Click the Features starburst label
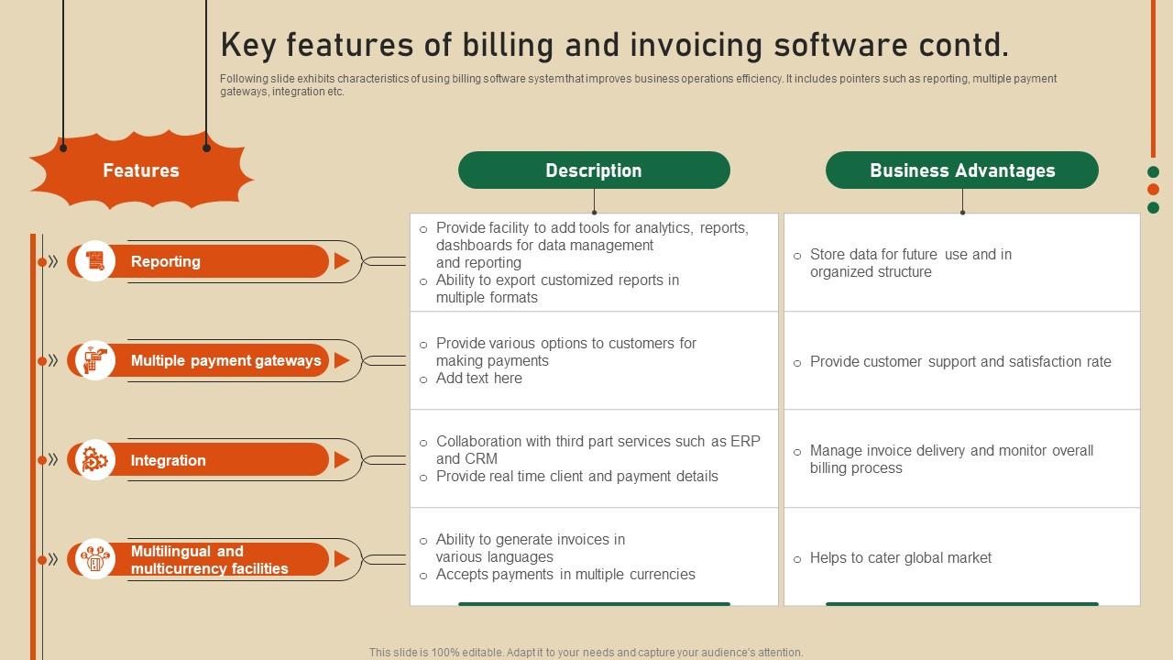[141, 170]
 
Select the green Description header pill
[594, 170]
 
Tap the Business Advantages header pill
[961, 170]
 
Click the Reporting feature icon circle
[95, 261]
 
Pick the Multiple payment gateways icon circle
[95, 360]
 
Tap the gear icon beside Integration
[95, 460]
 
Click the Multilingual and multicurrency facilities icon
[95, 559]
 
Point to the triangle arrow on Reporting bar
[341, 261]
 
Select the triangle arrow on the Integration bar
[341, 460]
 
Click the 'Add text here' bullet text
[478, 379]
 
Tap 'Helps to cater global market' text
[900, 557]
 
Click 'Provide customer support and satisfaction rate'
[959, 362]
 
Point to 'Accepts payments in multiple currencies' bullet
[565, 575]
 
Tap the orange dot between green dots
[1153, 190]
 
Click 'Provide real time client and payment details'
[576, 477]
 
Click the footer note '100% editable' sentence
[586, 653]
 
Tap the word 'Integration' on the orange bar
[168, 460]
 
